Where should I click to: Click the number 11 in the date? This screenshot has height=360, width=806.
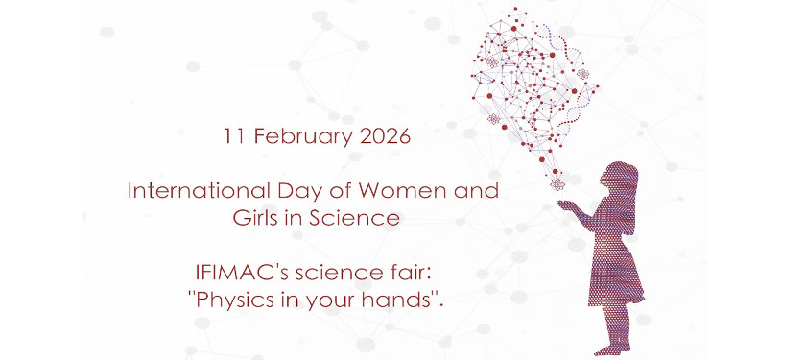coord(234,135)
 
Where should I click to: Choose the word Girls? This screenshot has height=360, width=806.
coord(256,218)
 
